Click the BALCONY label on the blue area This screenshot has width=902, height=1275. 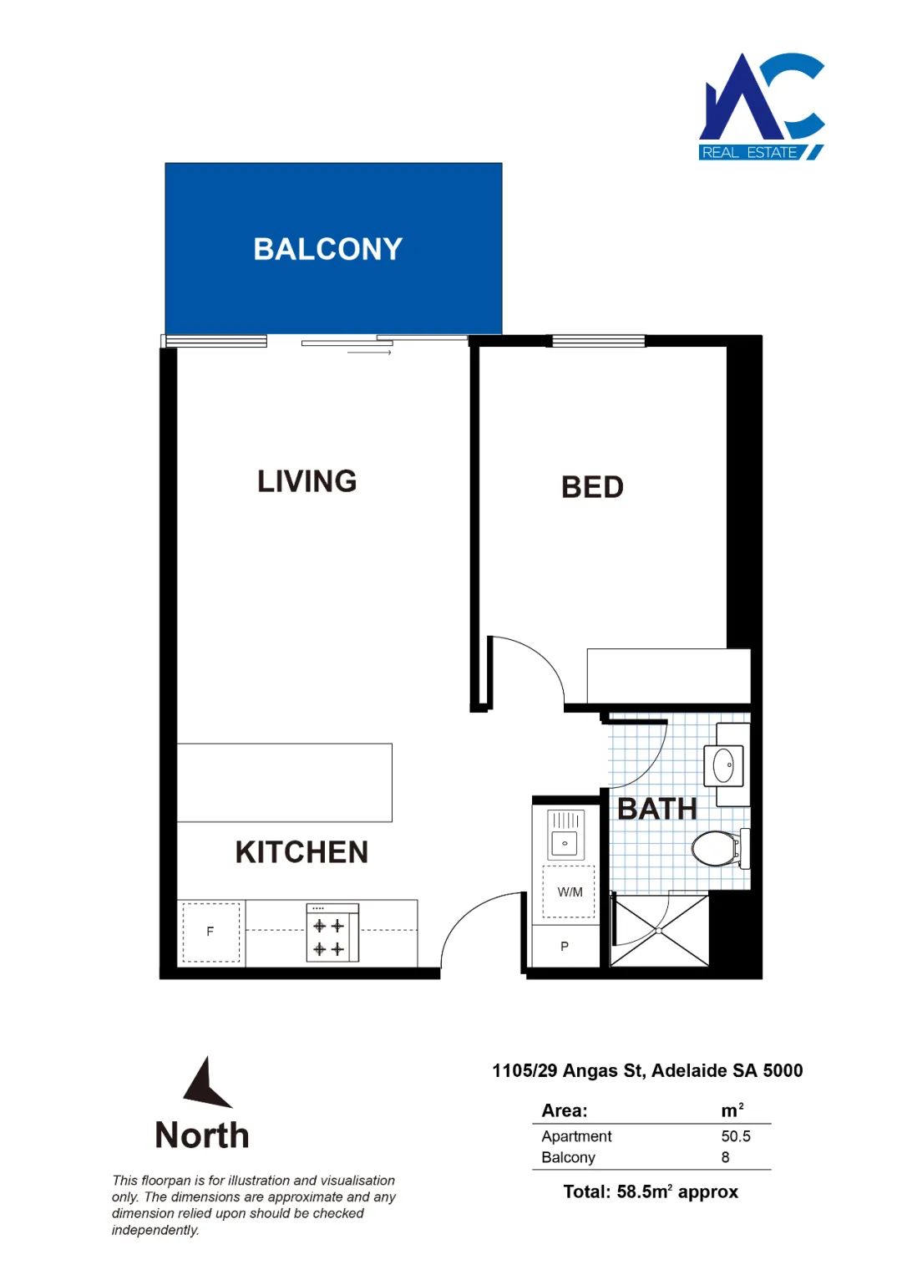pyautogui.click(x=327, y=249)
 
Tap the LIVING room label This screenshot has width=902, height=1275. pyautogui.click(x=307, y=481)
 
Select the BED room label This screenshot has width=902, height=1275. pyautogui.click(x=592, y=487)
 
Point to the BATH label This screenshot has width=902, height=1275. pyautogui.click(x=656, y=809)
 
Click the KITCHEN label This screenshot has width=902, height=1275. pyautogui.click(x=302, y=852)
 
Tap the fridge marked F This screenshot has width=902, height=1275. pyautogui.click(x=210, y=932)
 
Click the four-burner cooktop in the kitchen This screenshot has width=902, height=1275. pyautogui.click(x=332, y=933)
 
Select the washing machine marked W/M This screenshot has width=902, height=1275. pyautogui.click(x=569, y=892)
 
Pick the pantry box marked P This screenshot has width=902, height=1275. pyautogui.click(x=565, y=946)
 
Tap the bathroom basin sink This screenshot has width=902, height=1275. pyautogui.click(x=724, y=765)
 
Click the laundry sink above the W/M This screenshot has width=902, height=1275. pyautogui.click(x=565, y=835)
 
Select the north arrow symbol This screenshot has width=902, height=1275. pyautogui.click(x=207, y=1083)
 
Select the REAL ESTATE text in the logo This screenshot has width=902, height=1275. pyautogui.click(x=749, y=153)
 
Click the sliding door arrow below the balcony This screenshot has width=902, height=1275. pyautogui.click(x=369, y=353)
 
